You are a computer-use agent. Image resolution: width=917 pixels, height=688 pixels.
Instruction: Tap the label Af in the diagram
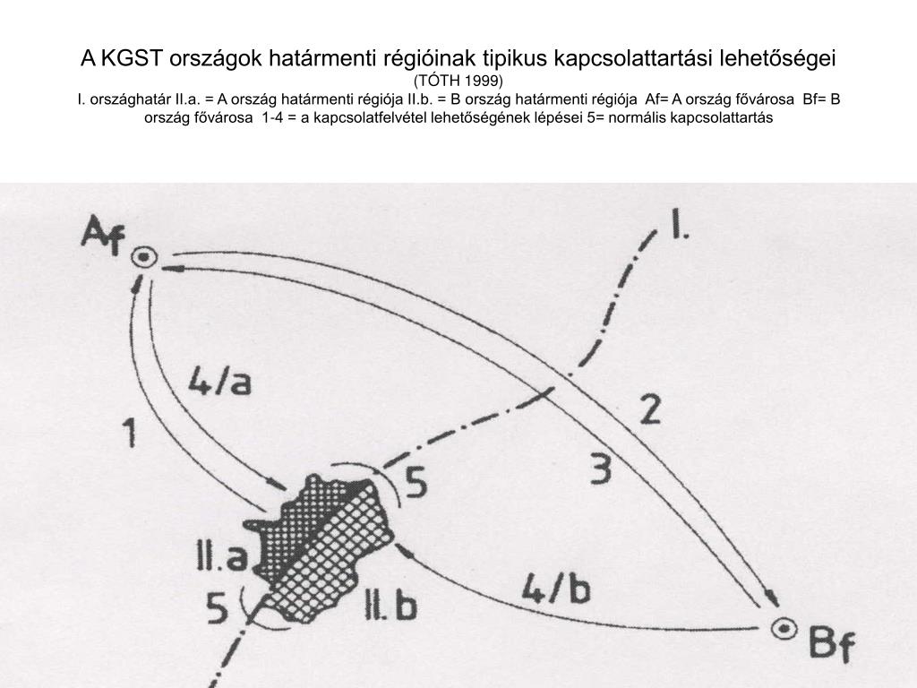[x=104, y=234]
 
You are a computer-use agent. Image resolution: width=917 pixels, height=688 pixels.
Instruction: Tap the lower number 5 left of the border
[x=218, y=610]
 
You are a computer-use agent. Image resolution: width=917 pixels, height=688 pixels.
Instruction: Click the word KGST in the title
[x=130, y=59]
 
